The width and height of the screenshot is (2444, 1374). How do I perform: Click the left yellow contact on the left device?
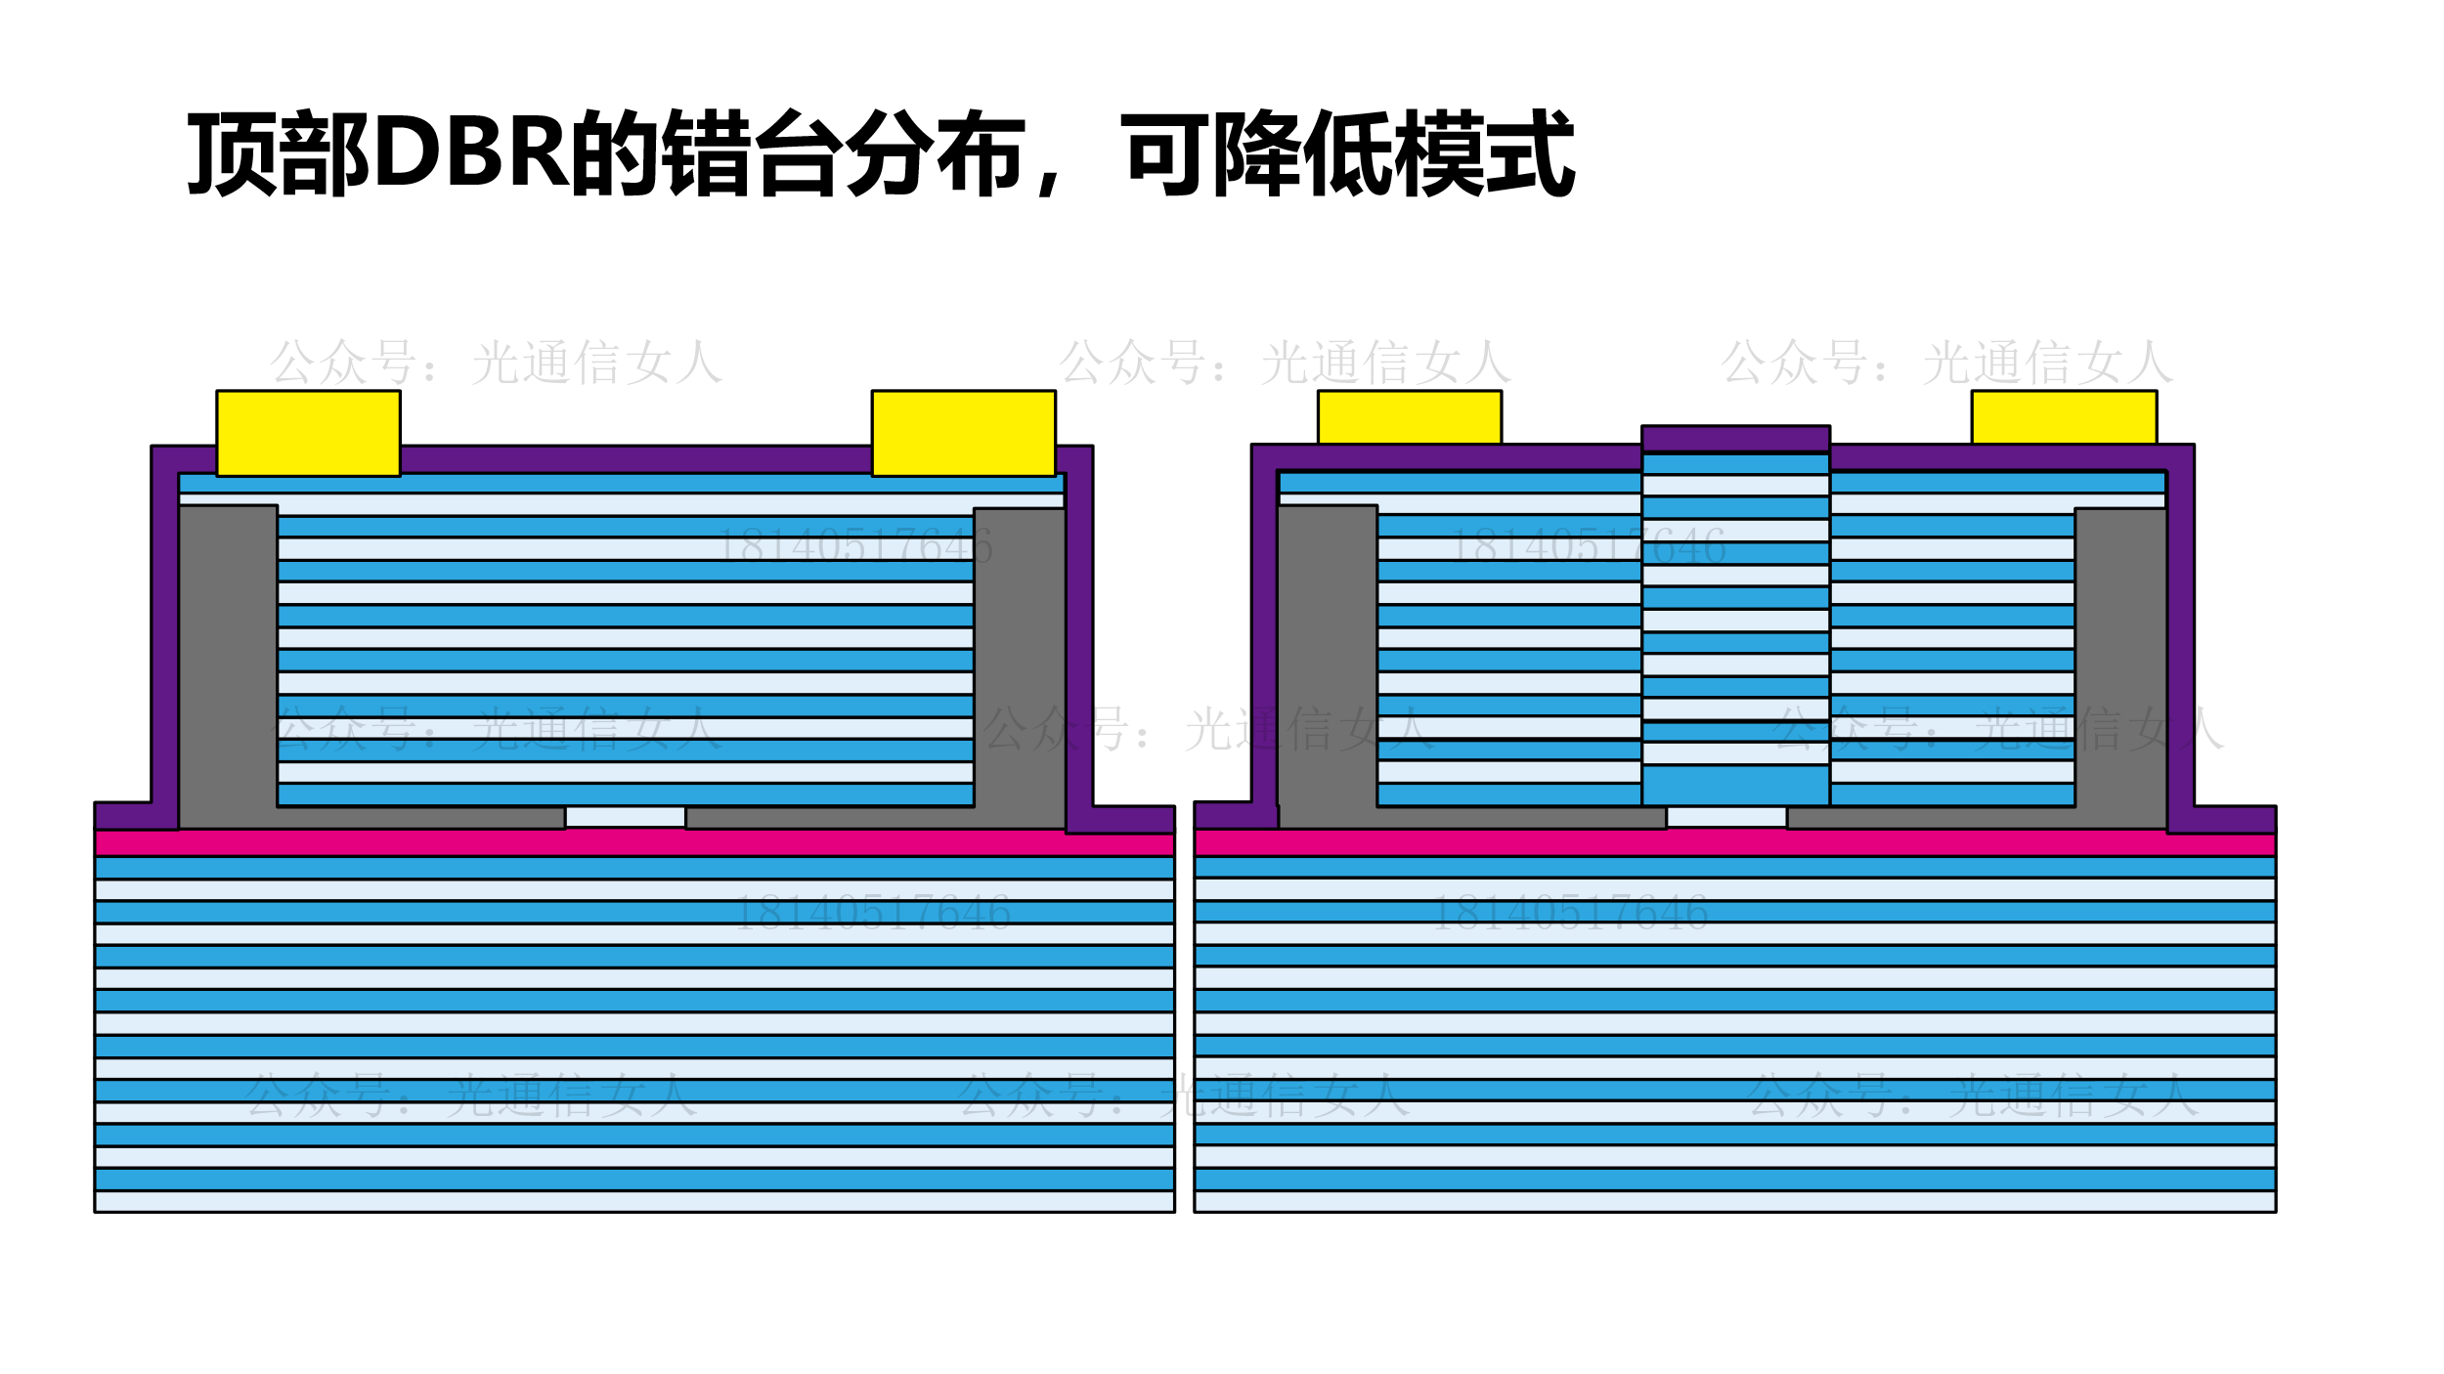click(308, 433)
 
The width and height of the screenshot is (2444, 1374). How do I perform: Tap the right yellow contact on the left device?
click(963, 433)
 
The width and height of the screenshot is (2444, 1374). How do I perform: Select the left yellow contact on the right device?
click(1409, 417)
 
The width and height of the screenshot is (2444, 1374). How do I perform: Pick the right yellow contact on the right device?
click(2064, 417)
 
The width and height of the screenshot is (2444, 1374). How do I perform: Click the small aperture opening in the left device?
click(625, 817)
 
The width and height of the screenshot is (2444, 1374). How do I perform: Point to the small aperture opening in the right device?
click(1726, 817)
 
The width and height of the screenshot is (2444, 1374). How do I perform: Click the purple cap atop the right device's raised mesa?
click(1735, 439)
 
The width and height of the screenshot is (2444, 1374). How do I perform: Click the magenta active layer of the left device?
click(635, 843)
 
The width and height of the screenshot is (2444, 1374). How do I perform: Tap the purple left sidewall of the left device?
click(164, 635)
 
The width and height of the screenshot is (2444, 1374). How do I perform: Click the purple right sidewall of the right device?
click(2180, 635)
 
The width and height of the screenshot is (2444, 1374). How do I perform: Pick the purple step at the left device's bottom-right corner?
click(1124, 819)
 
